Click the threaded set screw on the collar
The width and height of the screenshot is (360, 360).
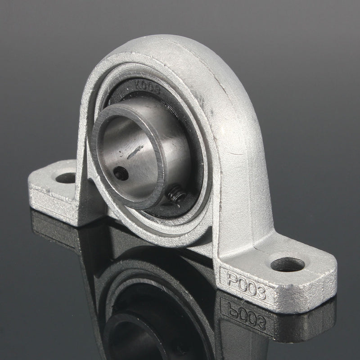(176, 195)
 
